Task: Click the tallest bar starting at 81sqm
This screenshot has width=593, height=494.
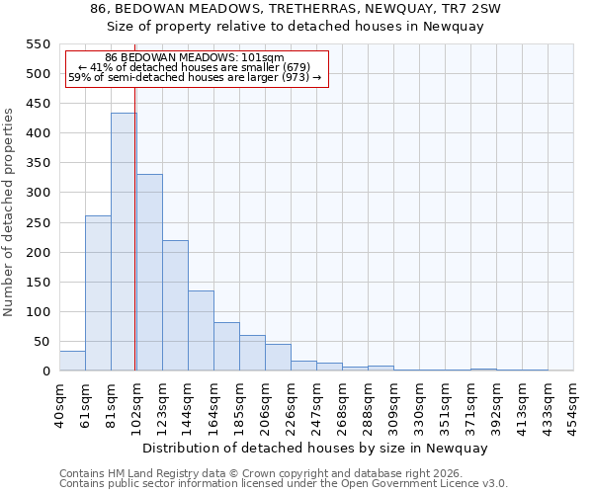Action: click(124, 242)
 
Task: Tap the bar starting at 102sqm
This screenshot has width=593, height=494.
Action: click(149, 273)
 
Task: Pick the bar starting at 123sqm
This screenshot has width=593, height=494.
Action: click(175, 305)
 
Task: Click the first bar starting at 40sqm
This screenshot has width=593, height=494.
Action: click(72, 361)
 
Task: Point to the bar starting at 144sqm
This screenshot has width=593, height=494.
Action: click(201, 331)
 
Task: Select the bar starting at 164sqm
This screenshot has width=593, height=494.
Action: click(226, 347)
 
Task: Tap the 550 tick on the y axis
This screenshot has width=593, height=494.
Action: click(37, 44)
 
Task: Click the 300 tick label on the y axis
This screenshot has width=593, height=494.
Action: click(37, 193)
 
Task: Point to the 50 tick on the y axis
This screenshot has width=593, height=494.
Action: click(41, 342)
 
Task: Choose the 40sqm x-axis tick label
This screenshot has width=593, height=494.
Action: click(59, 401)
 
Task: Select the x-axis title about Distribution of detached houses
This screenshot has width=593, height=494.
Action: click(316, 448)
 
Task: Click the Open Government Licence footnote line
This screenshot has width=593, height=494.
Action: click(284, 484)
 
